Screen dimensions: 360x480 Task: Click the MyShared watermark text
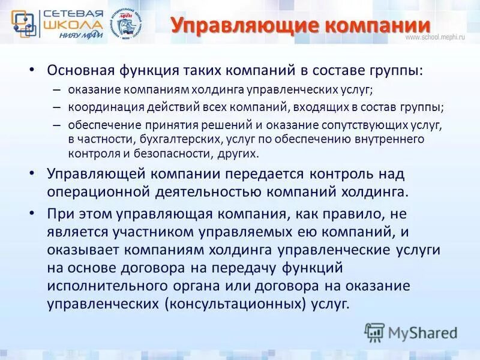(x=422, y=332)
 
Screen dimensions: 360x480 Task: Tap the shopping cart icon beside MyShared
(x=374, y=332)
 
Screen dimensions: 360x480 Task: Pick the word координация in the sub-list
(x=100, y=107)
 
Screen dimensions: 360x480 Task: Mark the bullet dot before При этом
(x=32, y=213)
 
